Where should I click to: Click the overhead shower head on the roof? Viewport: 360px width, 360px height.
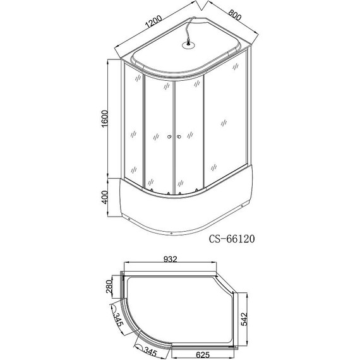(x=188, y=44)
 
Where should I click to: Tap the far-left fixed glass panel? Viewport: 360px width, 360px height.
(x=133, y=126)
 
